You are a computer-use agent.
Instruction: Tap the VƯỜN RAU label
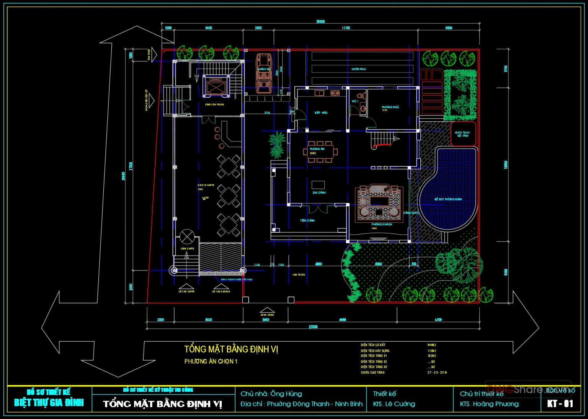pyautogui.click(x=359, y=69)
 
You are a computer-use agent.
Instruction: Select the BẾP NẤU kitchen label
pyautogui.click(x=321, y=113)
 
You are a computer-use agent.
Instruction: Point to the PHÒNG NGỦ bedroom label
pyautogui.click(x=390, y=108)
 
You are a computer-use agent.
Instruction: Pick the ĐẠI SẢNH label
pyautogui.click(x=319, y=192)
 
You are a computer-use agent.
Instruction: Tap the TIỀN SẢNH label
pyautogui.click(x=307, y=220)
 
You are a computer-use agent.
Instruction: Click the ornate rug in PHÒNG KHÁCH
pyautogui.click(x=379, y=203)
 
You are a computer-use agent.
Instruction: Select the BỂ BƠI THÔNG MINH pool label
pyautogui.click(x=448, y=199)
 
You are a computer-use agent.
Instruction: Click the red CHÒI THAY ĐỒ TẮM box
pyautogui.click(x=463, y=134)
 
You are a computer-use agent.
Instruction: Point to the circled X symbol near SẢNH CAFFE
pyautogui.click(x=187, y=236)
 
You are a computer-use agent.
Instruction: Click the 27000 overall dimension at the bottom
pyautogui.click(x=313, y=327)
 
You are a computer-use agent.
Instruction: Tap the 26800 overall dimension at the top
pyautogui.click(x=320, y=22)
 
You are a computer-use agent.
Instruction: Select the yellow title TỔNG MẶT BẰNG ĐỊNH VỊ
pyautogui.click(x=231, y=349)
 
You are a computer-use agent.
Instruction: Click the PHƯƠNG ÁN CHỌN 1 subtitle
pyautogui.click(x=211, y=362)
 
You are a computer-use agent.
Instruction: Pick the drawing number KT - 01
pyautogui.click(x=560, y=404)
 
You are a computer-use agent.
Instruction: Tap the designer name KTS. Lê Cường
pyautogui.click(x=394, y=404)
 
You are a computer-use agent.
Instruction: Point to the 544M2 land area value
pyautogui.click(x=432, y=345)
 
